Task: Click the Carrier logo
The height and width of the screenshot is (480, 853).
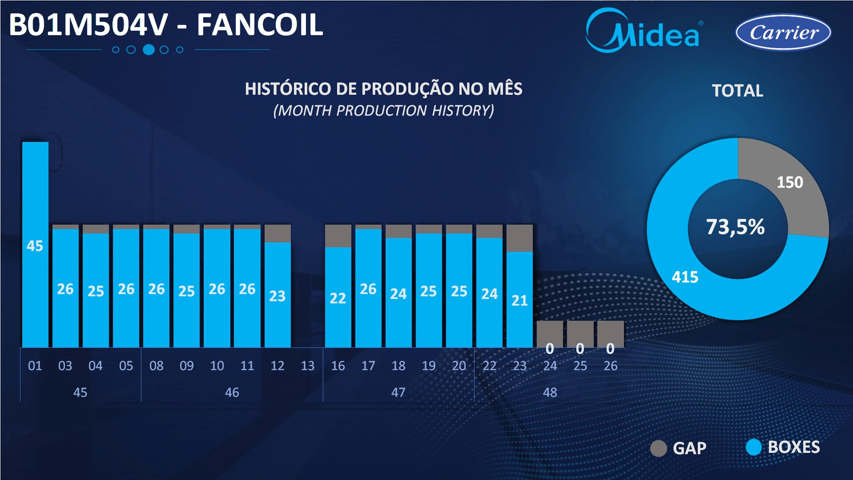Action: click(x=783, y=32)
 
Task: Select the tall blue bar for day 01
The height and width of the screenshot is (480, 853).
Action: click(x=35, y=244)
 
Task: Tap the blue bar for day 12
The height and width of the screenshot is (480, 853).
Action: click(x=278, y=295)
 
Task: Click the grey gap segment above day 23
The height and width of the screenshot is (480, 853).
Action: click(x=520, y=238)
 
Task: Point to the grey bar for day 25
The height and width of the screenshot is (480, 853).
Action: click(x=580, y=334)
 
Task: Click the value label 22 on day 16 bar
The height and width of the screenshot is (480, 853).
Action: click(x=338, y=298)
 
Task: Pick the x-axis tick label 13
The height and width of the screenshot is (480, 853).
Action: click(x=307, y=366)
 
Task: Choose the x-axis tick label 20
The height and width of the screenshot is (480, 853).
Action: click(x=459, y=366)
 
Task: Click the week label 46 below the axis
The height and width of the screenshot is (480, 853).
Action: click(x=232, y=392)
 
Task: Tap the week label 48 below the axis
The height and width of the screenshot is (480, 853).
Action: click(x=550, y=392)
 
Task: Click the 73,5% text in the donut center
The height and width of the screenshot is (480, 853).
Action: click(x=736, y=227)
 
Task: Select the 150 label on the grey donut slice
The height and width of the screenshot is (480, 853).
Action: click(x=790, y=182)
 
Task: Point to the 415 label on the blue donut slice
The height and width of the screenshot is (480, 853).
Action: click(x=685, y=277)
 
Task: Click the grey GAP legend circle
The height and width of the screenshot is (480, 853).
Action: click(x=659, y=448)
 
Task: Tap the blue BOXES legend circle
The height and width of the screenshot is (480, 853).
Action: click(x=754, y=447)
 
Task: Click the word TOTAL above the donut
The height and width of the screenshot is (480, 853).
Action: click(x=738, y=91)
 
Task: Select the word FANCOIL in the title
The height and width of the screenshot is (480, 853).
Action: click(x=260, y=25)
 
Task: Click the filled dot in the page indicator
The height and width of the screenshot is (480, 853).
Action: click(x=149, y=49)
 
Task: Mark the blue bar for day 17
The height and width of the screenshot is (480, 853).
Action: click(x=368, y=288)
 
